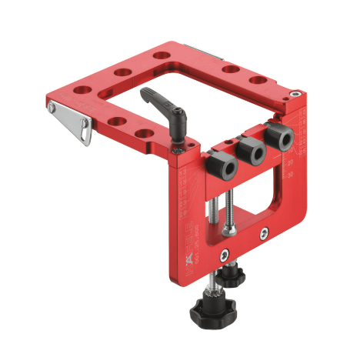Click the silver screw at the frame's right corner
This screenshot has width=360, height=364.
(295, 95)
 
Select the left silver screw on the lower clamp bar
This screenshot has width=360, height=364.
(222, 256)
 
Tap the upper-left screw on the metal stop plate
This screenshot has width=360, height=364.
(52, 107)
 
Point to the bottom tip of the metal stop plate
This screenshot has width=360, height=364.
(87, 143)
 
